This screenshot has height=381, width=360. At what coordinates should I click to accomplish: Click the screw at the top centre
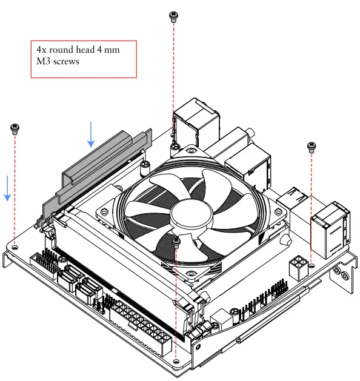(173, 17)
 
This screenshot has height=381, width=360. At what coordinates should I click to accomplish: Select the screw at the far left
(15, 129)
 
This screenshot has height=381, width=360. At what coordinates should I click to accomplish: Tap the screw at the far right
(312, 147)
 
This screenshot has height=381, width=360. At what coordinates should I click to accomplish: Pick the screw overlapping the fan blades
(176, 243)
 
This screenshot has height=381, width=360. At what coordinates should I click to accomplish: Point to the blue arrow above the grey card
(91, 134)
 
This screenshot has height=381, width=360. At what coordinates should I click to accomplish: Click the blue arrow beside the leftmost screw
(7, 188)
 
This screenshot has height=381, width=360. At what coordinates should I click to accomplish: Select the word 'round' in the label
(62, 50)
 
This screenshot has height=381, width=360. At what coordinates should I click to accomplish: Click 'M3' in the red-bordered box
(44, 61)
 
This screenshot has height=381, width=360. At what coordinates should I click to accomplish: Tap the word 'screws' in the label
(66, 61)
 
